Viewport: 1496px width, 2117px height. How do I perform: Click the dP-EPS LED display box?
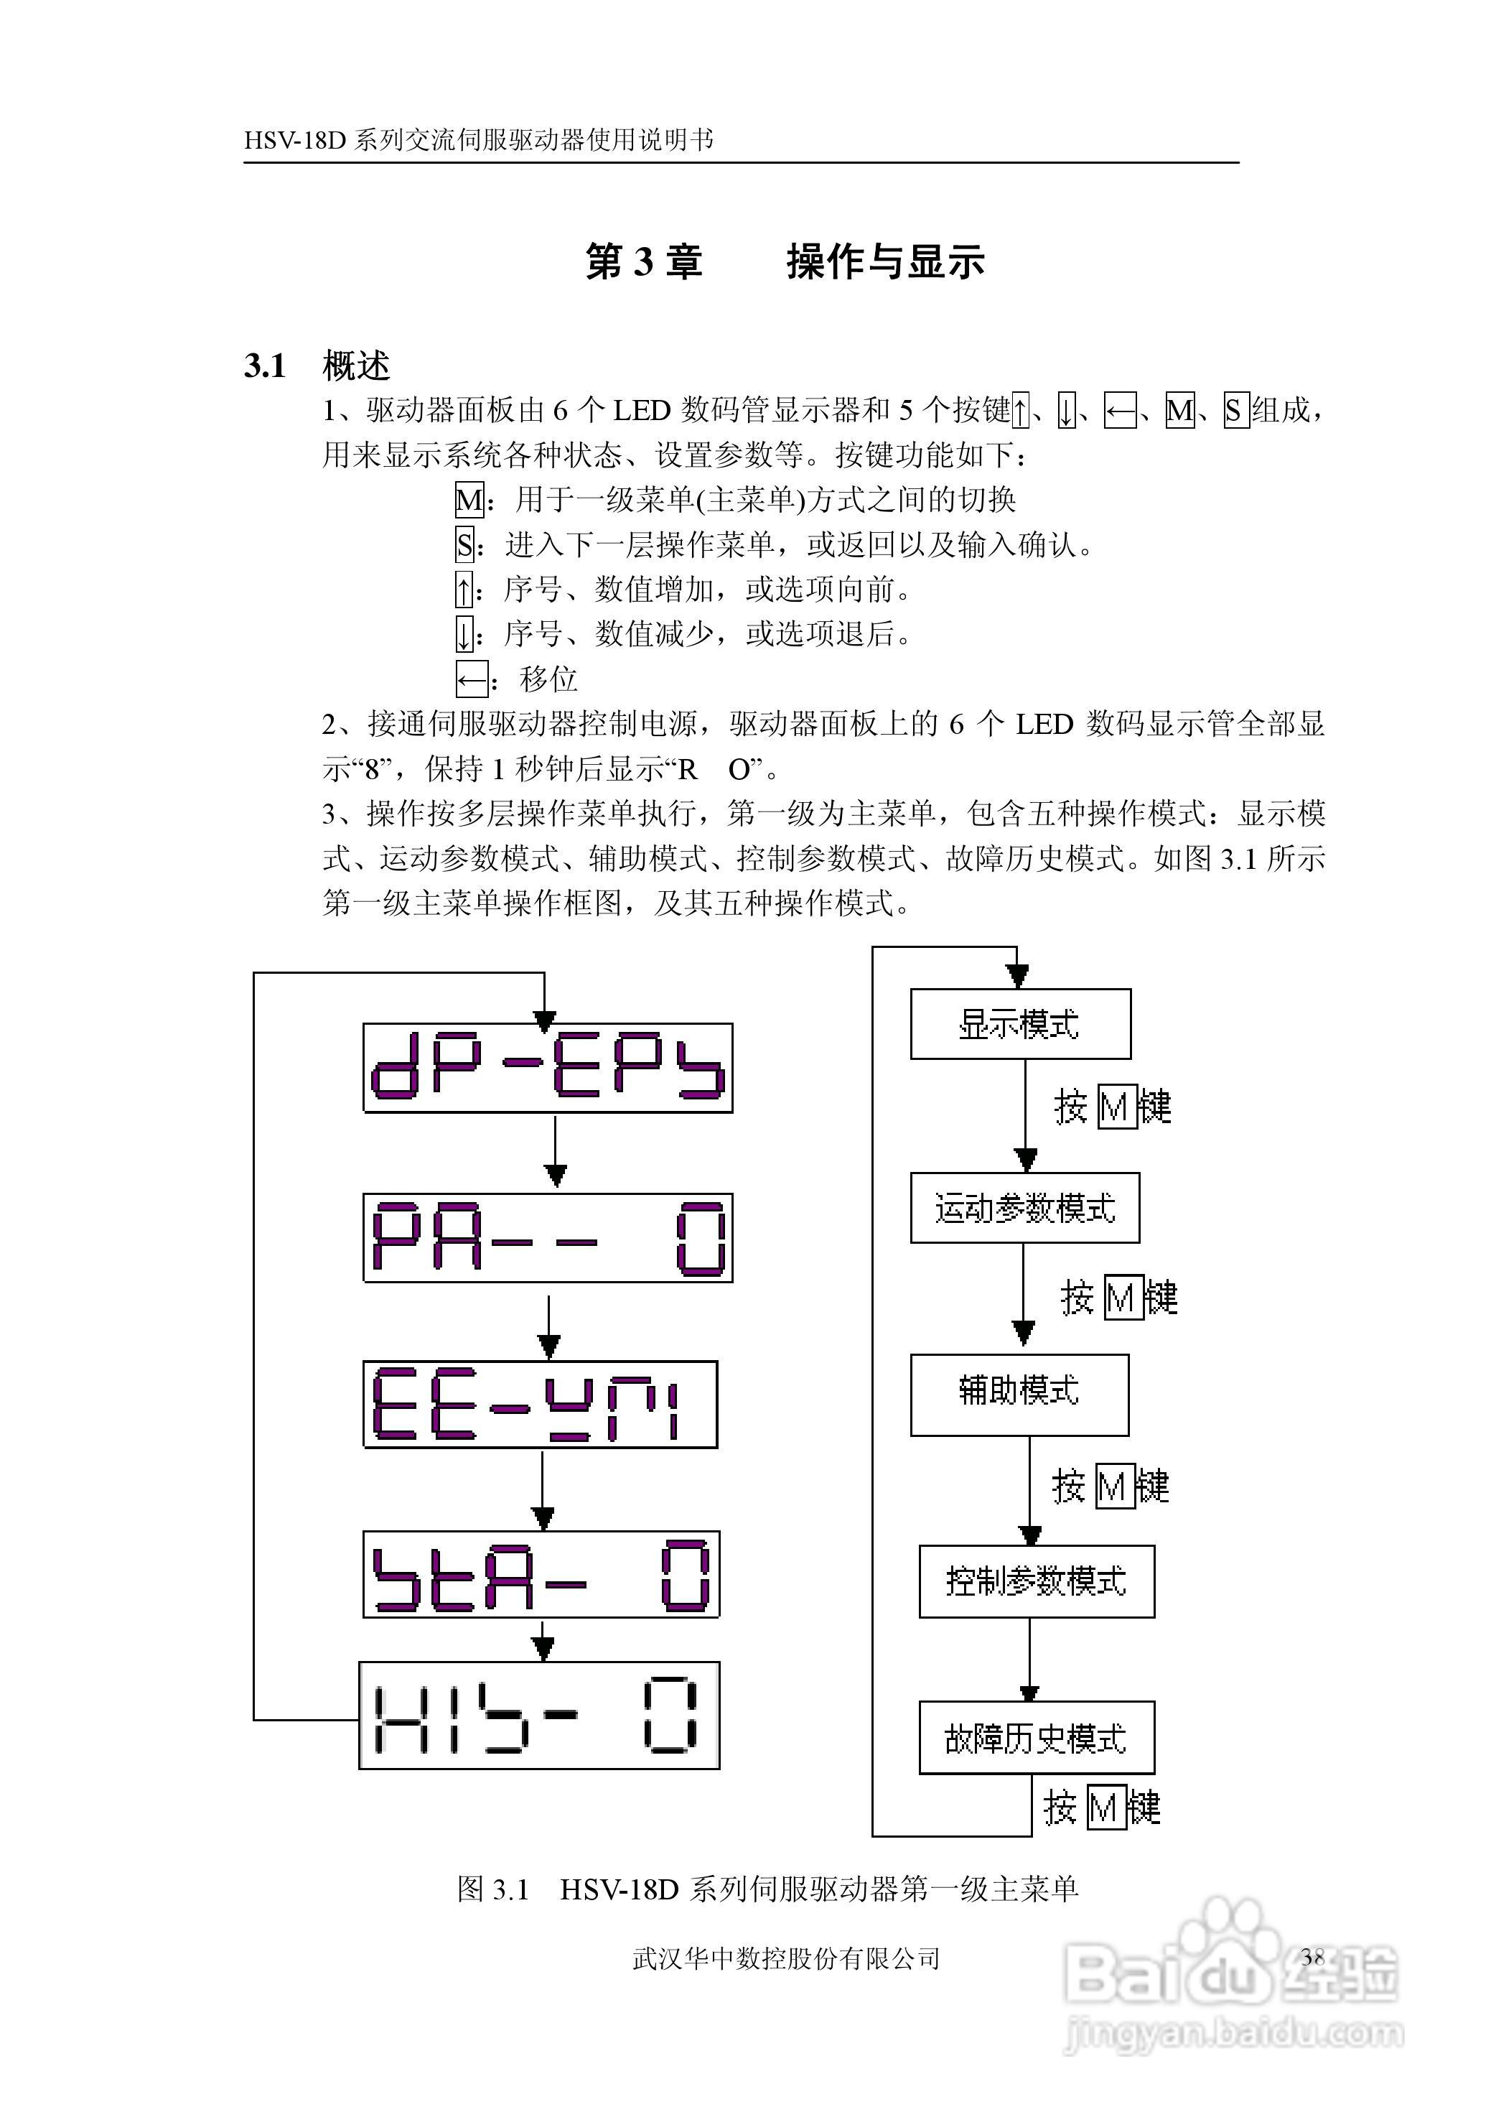click(548, 1068)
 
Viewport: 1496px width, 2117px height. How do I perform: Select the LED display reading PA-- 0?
click(548, 1237)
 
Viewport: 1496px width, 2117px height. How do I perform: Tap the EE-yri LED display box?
click(540, 1404)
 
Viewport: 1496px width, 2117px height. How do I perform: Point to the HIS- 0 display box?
click(539, 1715)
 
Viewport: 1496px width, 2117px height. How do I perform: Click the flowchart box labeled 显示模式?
click(1020, 1024)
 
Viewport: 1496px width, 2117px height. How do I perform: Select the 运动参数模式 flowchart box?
click(1025, 1208)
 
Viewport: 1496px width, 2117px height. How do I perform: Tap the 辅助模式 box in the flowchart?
click(1019, 1395)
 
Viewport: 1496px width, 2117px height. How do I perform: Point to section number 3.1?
click(265, 366)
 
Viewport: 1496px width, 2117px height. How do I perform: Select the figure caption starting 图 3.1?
click(767, 1890)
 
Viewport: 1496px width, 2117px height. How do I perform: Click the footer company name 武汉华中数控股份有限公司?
click(786, 1958)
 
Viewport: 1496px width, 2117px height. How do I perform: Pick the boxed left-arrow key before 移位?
click(471, 681)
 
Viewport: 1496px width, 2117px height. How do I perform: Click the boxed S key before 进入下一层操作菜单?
click(464, 545)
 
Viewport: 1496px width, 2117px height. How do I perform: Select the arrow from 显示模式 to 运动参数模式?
click(1025, 1116)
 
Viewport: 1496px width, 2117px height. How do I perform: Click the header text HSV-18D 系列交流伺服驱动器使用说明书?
click(478, 140)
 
